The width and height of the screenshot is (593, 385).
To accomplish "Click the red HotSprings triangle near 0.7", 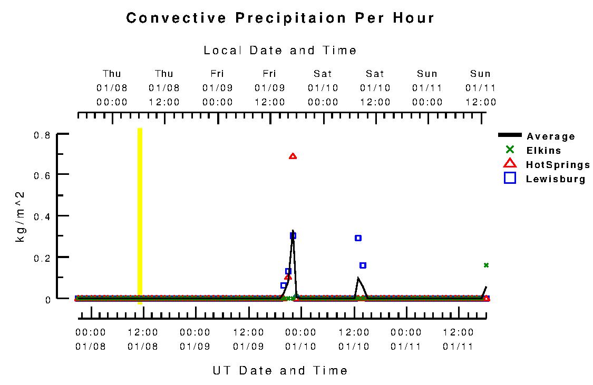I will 293,156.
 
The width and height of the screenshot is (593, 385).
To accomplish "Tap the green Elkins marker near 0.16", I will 486,265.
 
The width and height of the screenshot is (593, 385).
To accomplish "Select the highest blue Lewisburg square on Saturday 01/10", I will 358,238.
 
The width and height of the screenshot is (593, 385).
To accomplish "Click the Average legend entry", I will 551,136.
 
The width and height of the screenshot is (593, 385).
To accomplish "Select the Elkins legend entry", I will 543,151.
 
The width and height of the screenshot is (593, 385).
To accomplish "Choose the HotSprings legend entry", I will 558,165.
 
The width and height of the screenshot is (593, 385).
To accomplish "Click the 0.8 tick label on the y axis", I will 42,135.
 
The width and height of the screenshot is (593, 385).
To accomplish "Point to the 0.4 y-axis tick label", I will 42,216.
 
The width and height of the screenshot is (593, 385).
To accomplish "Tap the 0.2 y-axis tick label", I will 42,258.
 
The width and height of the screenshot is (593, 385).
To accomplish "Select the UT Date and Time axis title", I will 280,370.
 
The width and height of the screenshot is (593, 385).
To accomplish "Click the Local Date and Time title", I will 280,51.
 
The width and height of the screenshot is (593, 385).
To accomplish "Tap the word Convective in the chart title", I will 177,18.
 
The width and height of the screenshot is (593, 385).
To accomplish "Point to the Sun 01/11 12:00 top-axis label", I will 480,88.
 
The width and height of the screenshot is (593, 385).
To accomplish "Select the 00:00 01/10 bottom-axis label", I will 300,339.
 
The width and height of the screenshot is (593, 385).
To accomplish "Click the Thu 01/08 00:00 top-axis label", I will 112,88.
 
